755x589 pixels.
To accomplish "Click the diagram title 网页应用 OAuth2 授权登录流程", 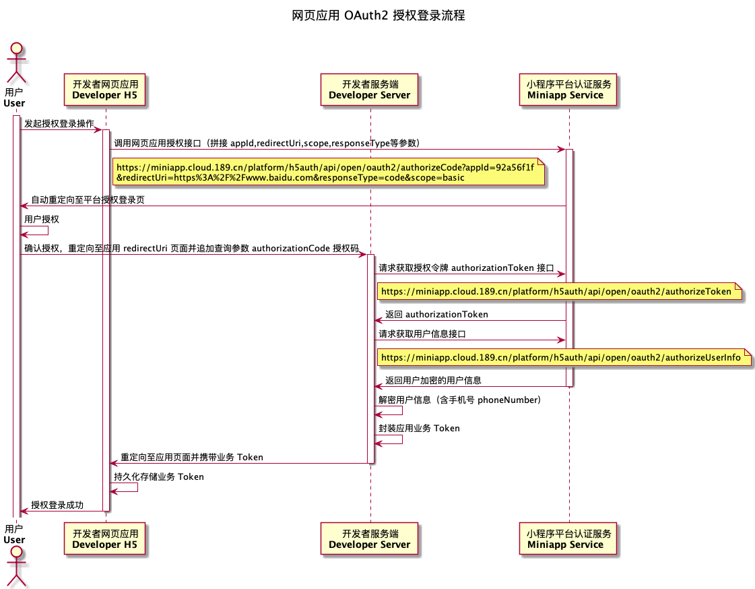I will click(x=379, y=15).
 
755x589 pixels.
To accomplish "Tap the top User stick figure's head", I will click(x=14, y=51).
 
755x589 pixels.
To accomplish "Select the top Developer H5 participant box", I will click(x=105, y=90).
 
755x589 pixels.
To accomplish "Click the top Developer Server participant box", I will click(x=370, y=90).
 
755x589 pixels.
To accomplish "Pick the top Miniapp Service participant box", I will click(x=568, y=90).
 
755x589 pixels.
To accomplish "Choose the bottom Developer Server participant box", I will click(x=370, y=539).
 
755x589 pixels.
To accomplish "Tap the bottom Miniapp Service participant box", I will click(x=568, y=539).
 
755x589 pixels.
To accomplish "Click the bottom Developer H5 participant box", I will click(x=105, y=539).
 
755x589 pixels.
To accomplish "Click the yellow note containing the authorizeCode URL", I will click(x=328, y=173).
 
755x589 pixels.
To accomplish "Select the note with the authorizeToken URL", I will click(x=559, y=292).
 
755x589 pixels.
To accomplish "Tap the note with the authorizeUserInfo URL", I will click(x=564, y=357).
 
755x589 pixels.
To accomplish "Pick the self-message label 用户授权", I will click(x=42, y=220).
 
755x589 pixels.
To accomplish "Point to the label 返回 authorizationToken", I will click(x=436, y=315).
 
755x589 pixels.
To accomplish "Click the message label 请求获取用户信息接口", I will click(x=422, y=334).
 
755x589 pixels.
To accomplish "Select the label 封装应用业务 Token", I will click(x=419, y=429).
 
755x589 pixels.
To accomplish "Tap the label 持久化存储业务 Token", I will click(x=159, y=477).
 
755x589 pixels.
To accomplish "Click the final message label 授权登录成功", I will click(x=57, y=505).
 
